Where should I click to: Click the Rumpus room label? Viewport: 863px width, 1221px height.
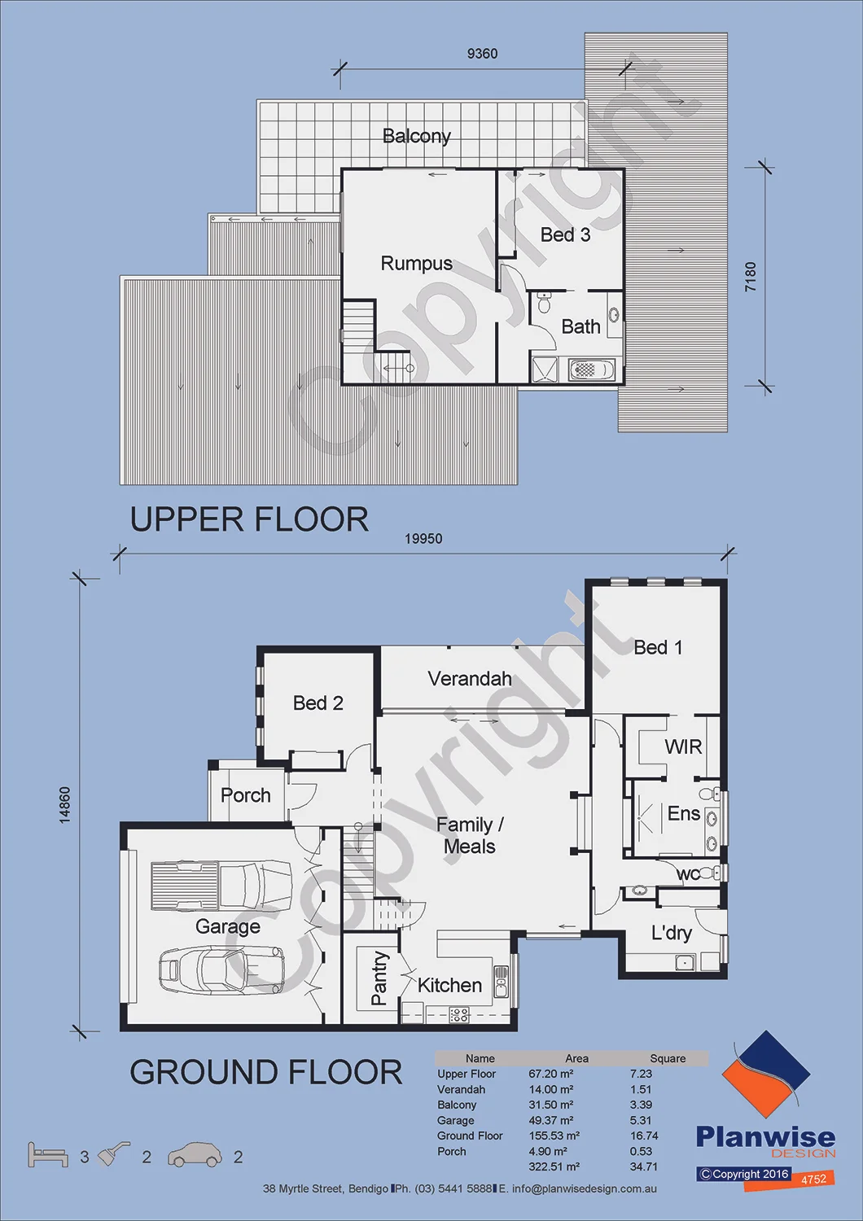coord(417,264)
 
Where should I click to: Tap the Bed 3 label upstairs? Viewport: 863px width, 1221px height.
coord(565,235)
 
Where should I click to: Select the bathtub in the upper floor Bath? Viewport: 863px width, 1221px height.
coord(592,370)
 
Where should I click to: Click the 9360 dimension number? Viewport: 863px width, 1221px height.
coord(483,54)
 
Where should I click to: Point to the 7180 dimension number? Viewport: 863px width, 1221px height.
coord(751,277)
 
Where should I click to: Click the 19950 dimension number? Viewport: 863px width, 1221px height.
coord(423,539)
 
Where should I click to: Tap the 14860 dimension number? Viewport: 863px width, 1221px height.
coord(65,804)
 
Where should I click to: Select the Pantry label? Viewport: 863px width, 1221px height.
coord(379,978)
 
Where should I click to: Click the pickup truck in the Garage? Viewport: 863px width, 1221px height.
coord(221,886)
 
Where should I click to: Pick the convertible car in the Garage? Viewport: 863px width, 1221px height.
coord(221,969)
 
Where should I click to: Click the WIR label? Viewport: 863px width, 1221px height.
coord(683,746)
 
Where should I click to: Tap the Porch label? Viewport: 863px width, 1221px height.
coord(245,795)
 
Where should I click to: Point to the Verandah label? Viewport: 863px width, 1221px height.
coord(470,679)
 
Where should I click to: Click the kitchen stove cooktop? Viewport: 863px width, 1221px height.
coord(458,1014)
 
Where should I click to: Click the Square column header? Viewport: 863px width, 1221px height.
coord(668,1058)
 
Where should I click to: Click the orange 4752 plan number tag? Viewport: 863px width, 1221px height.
coord(813,1179)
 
